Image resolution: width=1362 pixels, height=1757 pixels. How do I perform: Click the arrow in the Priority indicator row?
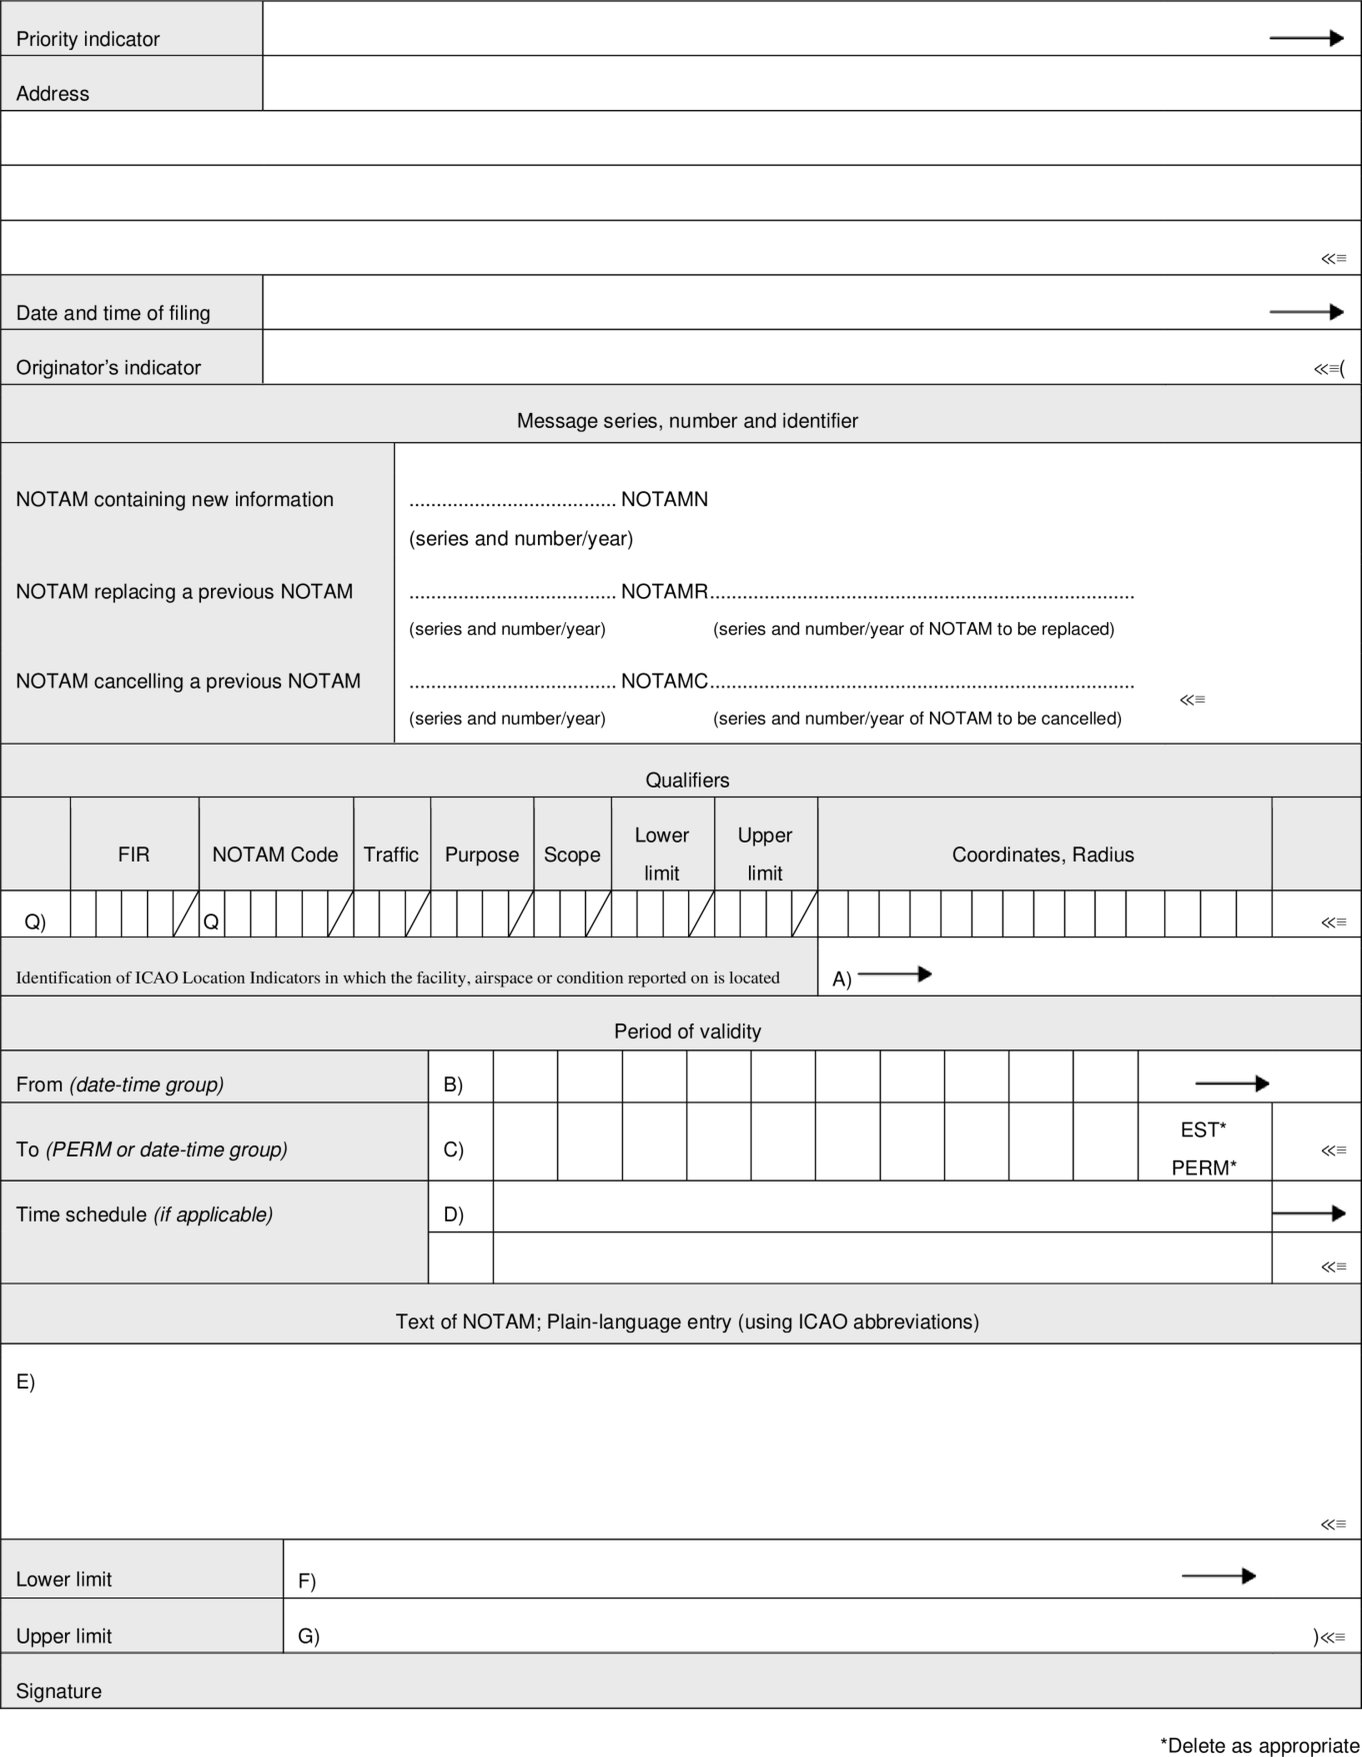click(1306, 39)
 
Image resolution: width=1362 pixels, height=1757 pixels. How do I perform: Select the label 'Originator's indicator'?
click(108, 368)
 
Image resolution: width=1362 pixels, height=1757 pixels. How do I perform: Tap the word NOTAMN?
click(664, 499)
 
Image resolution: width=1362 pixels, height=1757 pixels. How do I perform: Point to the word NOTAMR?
click(664, 591)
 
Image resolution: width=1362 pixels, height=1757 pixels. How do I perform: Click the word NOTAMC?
click(664, 681)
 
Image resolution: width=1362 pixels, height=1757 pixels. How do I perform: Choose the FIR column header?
click(134, 855)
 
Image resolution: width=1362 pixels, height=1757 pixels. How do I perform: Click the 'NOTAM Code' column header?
click(275, 855)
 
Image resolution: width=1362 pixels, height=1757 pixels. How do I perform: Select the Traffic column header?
click(391, 855)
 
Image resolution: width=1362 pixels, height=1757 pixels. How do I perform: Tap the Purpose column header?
click(482, 855)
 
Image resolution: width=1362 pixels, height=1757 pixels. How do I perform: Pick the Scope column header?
click(572, 855)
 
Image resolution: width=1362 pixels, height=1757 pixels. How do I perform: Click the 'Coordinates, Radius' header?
click(1043, 855)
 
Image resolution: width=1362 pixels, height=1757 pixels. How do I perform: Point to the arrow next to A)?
click(895, 974)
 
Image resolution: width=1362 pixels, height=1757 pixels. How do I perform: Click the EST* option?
click(1203, 1130)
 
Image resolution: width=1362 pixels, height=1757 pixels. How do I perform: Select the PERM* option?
click(1204, 1167)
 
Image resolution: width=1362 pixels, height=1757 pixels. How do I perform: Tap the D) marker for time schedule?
click(453, 1215)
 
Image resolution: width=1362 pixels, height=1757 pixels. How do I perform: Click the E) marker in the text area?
click(25, 1382)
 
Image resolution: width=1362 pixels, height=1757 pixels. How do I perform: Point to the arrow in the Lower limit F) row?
click(1218, 1576)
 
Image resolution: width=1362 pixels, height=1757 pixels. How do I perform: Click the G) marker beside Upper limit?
click(308, 1636)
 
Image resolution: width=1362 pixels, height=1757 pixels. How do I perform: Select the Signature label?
click(59, 1691)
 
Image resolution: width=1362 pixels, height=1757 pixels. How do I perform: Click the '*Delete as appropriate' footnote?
click(1259, 1746)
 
